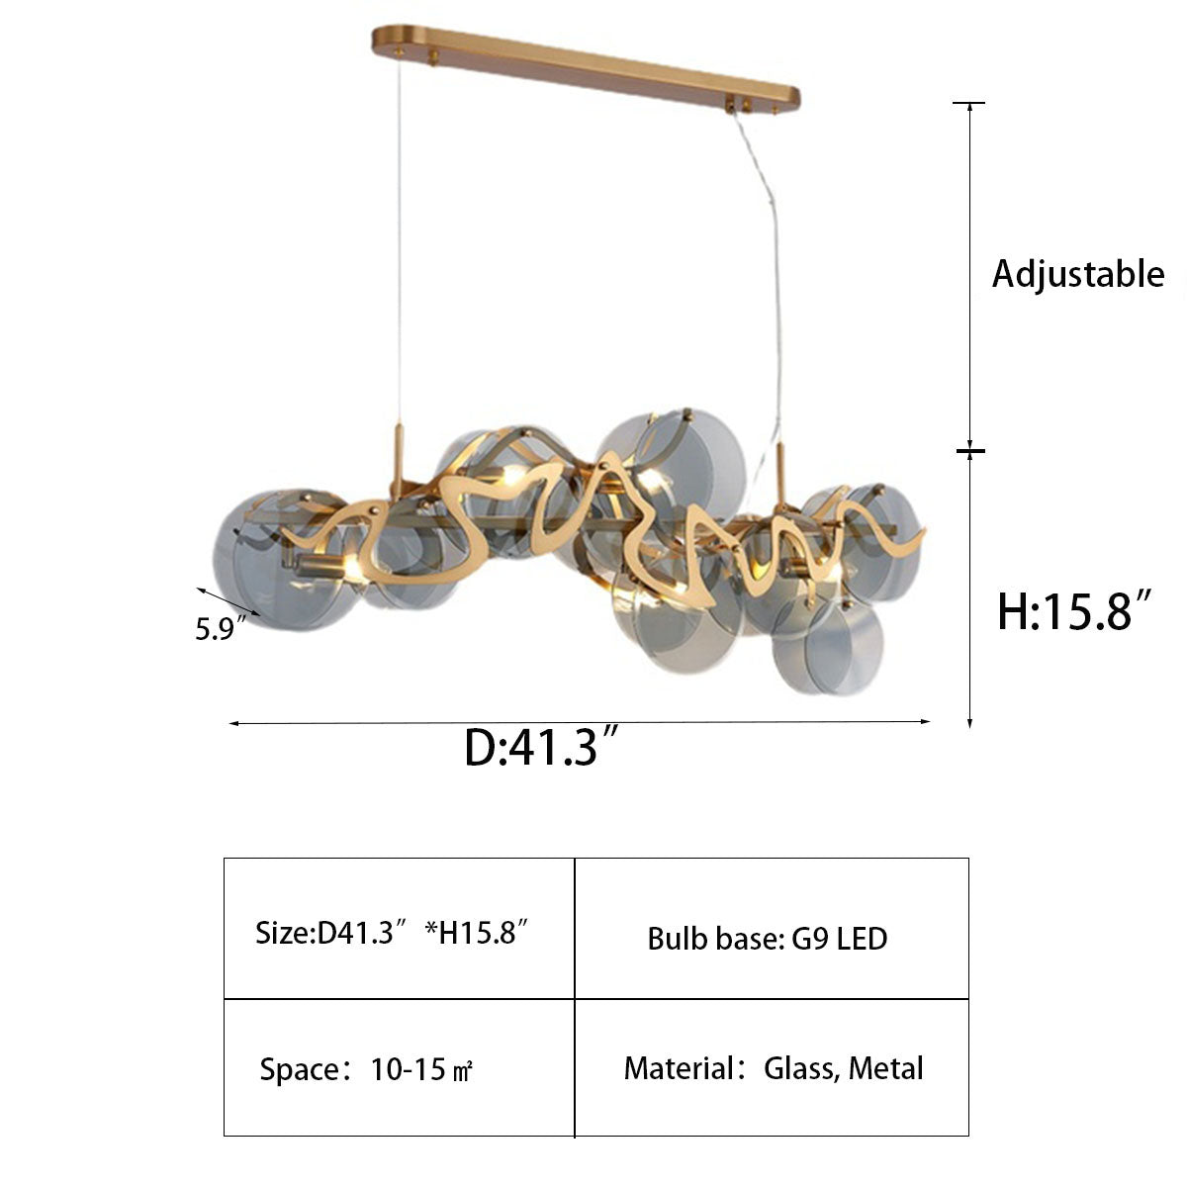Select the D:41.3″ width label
click(x=540, y=747)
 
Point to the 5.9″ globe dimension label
click(x=221, y=628)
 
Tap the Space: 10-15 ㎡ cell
click(x=399, y=1067)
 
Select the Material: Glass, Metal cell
click(x=772, y=1067)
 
